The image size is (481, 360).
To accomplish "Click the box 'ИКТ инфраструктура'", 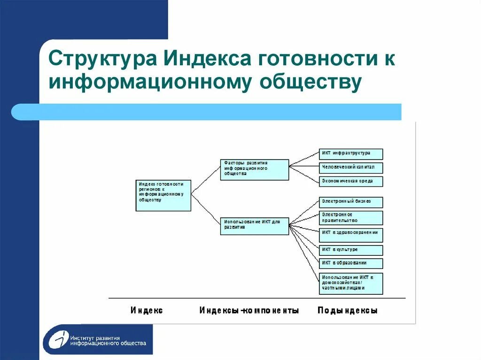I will tap(351, 154).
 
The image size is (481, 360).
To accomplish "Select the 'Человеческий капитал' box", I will tap(351, 168).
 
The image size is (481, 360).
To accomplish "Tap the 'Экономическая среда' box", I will tap(351, 181).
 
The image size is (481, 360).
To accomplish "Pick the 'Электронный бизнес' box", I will tap(351, 202).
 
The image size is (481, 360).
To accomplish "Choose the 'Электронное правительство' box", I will tap(351, 218).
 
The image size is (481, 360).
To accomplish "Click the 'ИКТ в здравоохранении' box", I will tap(351, 235).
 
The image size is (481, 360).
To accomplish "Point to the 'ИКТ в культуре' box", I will tap(351, 250).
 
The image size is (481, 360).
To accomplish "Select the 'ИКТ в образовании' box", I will tap(351, 263).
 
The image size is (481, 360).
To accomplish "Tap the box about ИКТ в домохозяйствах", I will tap(351, 283).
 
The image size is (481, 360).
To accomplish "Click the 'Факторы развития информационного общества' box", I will tap(254, 169).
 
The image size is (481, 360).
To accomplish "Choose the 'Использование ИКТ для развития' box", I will tap(254, 226).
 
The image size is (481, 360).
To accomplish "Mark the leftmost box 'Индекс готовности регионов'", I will tap(163, 195).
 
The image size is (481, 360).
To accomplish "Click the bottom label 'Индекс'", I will tap(147, 311).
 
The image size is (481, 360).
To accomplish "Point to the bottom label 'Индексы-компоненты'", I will tap(249, 311).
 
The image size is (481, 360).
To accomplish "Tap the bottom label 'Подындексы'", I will tap(348, 311).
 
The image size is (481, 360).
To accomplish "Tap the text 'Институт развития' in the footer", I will tap(96, 337).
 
